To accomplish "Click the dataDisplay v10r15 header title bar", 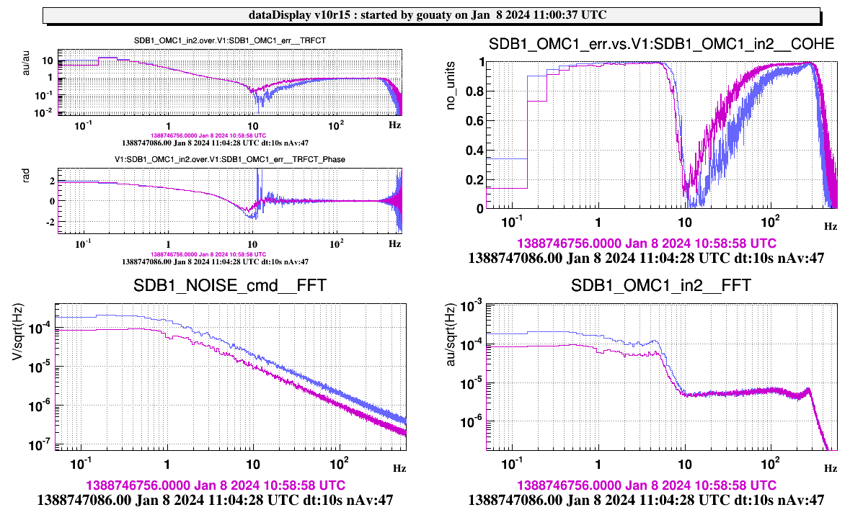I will click(x=431, y=15).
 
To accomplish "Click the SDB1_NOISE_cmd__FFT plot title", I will click(x=229, y=286).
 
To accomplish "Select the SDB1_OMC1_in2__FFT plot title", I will click(x=660, y=286).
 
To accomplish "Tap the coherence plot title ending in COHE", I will click(x=661, y=45).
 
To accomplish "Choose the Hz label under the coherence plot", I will click(x=831, y=226).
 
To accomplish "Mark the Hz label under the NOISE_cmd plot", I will click(x=399, y=467).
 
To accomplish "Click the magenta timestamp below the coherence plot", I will click(x=647, y=243).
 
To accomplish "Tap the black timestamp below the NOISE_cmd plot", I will click(x=215, y=498).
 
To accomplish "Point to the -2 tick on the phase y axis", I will click(x=50, y=221).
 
